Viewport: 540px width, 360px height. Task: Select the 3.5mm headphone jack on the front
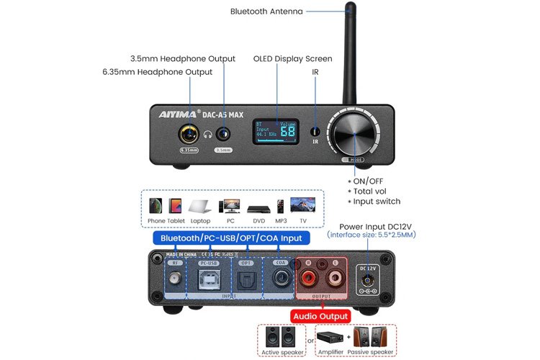coord(224,133)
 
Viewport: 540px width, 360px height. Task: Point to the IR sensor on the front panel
coord(315,132)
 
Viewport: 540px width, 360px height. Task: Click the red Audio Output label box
coord(320,316)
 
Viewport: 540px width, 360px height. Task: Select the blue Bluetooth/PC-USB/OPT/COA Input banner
coord(230,238)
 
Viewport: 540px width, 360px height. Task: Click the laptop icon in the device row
coord(200,206)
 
